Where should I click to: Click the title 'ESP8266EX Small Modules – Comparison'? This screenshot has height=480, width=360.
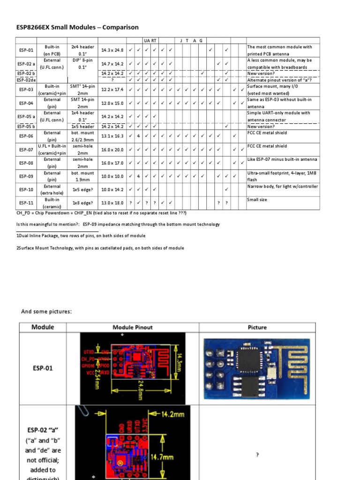point(77,27)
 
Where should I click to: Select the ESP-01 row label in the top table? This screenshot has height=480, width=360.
point(26,50)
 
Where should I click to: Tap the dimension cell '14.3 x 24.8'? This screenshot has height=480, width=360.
point(112,50)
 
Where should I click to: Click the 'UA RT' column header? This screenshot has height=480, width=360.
point(150,41)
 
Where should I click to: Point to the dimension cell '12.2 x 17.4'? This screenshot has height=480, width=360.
point(112,90)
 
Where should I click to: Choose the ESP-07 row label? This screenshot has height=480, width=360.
point(26,150)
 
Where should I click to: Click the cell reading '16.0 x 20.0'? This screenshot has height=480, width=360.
point(112,150)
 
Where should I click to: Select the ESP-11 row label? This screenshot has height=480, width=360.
point(26,203)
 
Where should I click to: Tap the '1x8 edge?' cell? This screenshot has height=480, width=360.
point(82,203)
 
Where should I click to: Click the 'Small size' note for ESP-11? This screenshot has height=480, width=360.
point(257,200)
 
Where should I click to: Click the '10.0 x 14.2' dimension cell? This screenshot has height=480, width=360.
point(112,189)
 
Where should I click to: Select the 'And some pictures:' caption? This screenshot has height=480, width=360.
point(46,312)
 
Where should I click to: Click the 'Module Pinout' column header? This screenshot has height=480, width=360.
point(133,327)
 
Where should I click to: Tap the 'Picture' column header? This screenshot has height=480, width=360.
point(257,327)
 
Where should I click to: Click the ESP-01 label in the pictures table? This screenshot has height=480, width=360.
point(43,368)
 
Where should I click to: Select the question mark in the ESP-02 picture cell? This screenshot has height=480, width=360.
point(257,455)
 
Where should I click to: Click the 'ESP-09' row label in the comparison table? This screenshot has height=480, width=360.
point(26,176)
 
